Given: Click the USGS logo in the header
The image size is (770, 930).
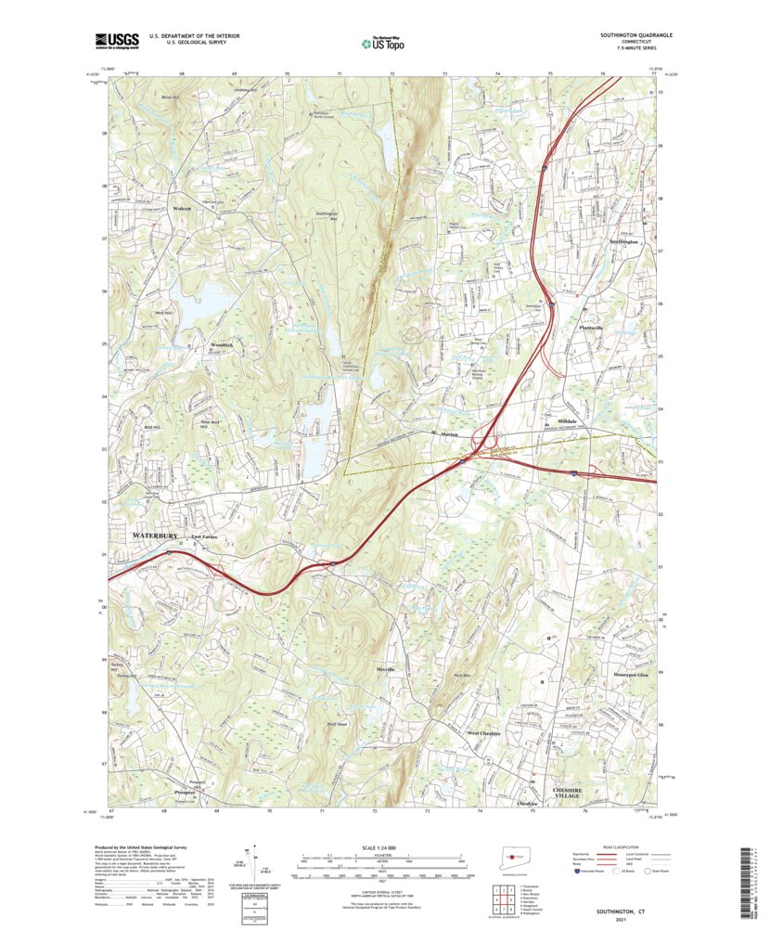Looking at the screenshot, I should (x=115, y=40).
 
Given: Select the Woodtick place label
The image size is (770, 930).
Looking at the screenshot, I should (x=222, y=344).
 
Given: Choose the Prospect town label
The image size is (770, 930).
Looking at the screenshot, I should (x=186, y=792).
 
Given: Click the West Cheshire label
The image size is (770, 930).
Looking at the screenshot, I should (x=483, y=733).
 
